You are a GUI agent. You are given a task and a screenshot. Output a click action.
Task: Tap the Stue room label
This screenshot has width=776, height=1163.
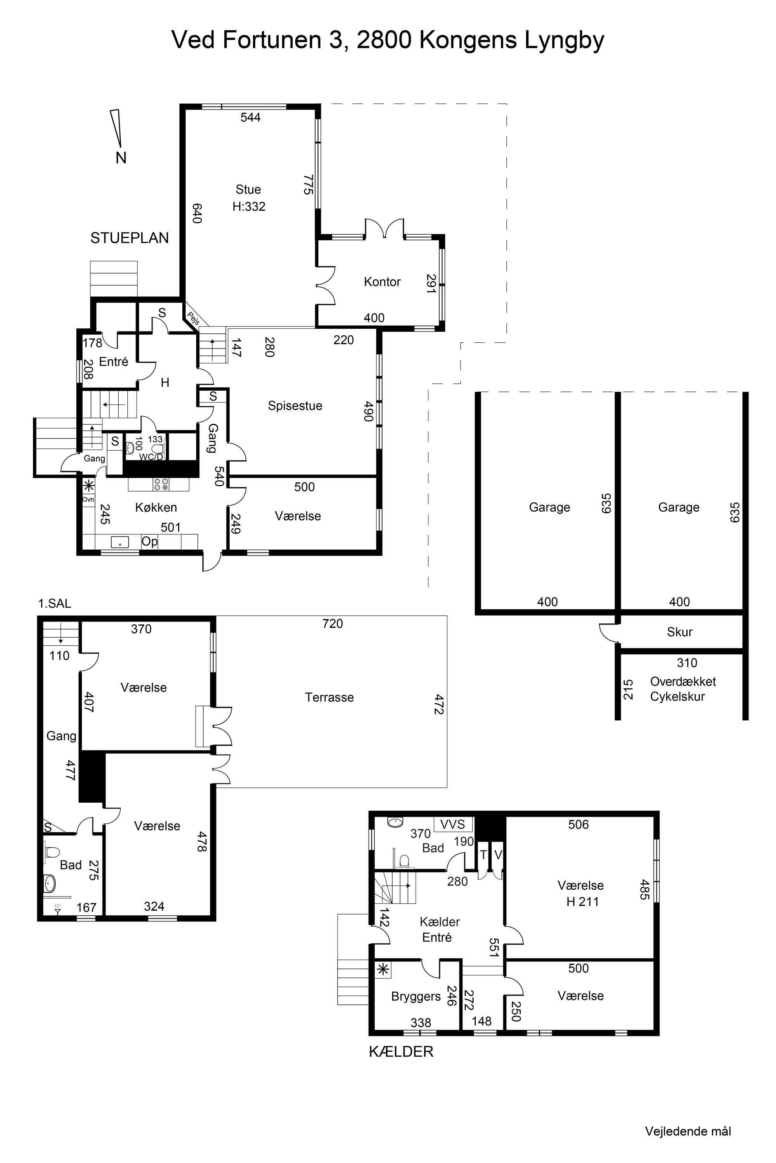pyautogui.click(x=248, y=190)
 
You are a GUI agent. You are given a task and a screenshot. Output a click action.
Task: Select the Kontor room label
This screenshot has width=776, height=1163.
pyautogui.click(x=382, y=282)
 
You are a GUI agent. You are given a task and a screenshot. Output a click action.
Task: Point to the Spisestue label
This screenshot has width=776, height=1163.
pyautogui.click(x=295, y=406)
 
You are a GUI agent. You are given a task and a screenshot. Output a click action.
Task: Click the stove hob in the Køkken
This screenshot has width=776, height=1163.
pyautogui.click(x=161, y=484)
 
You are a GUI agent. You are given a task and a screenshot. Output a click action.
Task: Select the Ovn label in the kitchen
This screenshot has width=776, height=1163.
pyautogui.click(x=88, y=499)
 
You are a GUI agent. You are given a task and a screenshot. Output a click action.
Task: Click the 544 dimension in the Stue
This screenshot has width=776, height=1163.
pyautogui.click(x=250, y=117)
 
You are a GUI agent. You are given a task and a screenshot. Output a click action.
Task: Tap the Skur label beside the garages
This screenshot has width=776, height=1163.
pyautogui.click(x=679, y=632)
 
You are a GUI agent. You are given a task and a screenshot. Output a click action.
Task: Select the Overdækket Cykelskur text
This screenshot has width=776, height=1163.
pyautogui.click(x=683, y=689)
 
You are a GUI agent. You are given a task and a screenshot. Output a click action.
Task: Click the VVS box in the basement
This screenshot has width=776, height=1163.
pyautogui.click(x=453, y=824)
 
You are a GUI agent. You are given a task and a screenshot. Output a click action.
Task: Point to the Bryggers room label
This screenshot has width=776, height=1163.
pyautogui.click(x=416, y=996)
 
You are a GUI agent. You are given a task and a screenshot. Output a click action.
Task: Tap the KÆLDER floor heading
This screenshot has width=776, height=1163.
pyautogui.click(x=401, y=1052)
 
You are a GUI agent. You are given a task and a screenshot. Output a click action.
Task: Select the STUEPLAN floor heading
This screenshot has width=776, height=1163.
pyautogui.click(x=130, y=238)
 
